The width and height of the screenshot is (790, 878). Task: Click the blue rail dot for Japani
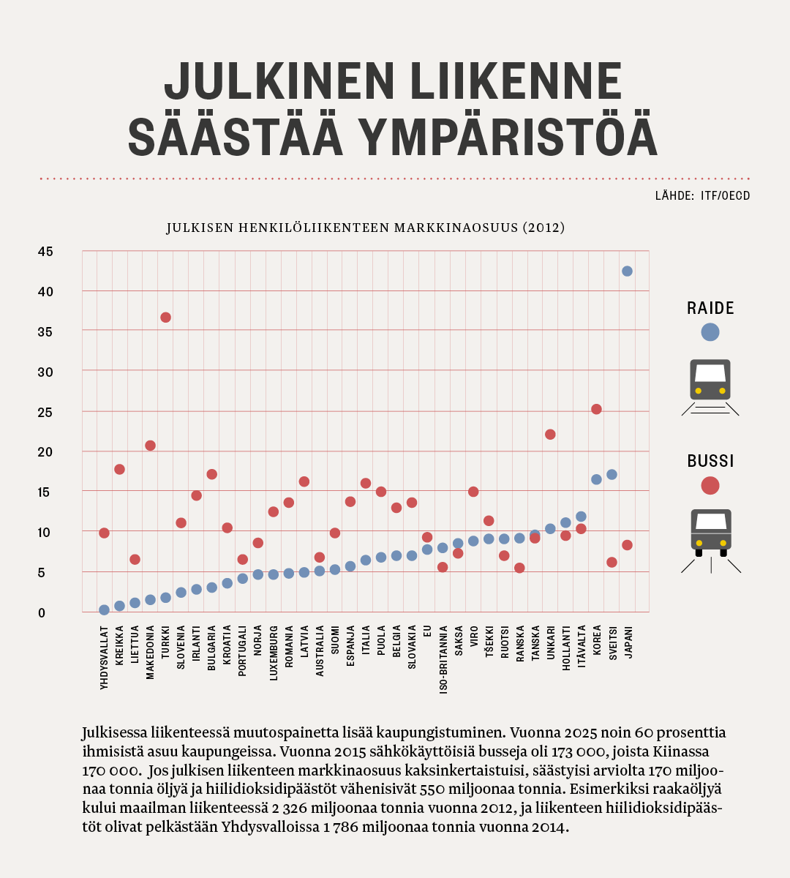627,271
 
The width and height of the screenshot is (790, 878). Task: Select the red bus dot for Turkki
165,318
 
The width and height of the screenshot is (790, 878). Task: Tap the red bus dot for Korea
596,409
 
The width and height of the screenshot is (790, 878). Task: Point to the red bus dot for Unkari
550,434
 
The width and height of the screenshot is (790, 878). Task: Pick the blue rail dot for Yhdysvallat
104,609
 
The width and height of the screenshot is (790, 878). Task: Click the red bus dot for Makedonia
150,446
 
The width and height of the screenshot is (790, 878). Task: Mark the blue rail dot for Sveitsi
612,474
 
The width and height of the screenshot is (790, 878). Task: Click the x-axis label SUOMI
335,640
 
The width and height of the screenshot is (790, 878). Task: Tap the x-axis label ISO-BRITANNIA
443,659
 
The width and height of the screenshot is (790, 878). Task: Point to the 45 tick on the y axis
45,252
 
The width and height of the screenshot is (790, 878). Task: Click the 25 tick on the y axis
45,413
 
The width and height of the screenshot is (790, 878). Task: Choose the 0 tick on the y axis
42,613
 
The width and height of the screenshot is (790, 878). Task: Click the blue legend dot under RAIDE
710,332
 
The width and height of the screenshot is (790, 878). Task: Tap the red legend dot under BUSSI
710,486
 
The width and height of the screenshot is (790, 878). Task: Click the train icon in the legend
710,387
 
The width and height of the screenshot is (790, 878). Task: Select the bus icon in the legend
711,541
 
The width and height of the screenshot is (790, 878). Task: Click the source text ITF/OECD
725,195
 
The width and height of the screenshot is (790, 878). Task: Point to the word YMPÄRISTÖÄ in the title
511,137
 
